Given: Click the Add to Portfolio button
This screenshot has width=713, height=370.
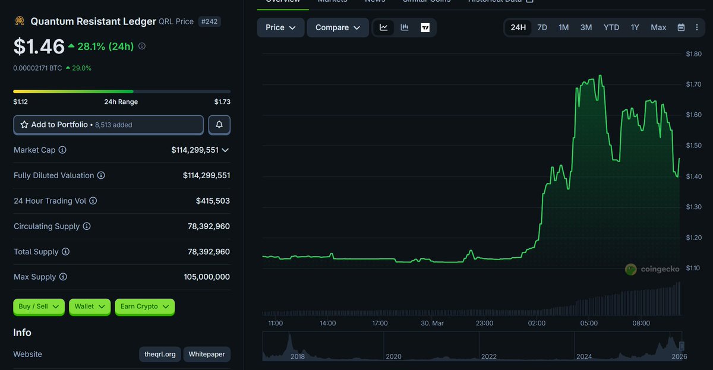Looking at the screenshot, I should (x=108, y=125).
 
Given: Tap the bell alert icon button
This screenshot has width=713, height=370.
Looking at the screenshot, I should (x=219, y=125).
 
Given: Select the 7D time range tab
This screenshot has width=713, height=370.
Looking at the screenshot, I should (x=542, y=27).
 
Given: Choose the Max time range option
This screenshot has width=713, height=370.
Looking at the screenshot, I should (x=658, y=27).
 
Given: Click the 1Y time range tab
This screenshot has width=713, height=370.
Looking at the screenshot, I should (x=635, y=27).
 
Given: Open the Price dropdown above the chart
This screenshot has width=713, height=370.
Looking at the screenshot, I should (x=280, y=27).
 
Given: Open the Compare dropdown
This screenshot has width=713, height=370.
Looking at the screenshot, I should (x=337, y=27).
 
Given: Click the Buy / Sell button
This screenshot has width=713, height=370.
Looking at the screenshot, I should (x=39, y=306).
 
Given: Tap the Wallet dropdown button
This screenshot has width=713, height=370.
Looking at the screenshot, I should (x=90, y=306).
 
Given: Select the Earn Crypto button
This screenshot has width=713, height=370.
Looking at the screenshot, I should (x=144, y=306).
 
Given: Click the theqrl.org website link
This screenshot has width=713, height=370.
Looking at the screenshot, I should (x=160, y=355).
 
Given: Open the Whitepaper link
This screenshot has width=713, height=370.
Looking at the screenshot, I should (x=207, y=355).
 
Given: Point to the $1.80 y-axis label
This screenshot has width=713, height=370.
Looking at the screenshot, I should (x=693, y=54).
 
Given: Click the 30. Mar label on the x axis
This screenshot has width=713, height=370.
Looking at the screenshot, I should (x=432, y=324).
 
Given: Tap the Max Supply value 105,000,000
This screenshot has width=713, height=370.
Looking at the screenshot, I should (x=207, y=277).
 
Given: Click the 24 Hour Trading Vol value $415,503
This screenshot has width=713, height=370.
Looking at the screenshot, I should (x=213, y=201).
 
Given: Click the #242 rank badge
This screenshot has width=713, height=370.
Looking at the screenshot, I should (x=209, y=21).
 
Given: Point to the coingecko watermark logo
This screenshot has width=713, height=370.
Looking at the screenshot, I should (x=631, y=269).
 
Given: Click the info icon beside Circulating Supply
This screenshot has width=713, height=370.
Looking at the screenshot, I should (x=87, y=226).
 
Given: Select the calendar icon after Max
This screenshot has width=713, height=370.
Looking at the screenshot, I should (x=681, y=27).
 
